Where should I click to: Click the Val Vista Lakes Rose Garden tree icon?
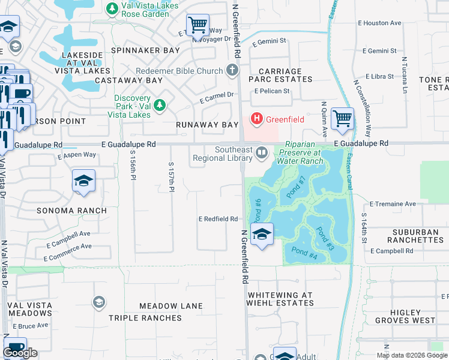(112, 9)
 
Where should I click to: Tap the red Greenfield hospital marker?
(257, 119)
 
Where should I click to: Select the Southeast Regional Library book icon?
(262, 152)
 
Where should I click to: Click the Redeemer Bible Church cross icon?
(232, 71)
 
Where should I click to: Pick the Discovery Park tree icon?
(159, 106)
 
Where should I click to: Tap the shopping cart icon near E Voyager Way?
(197, 25)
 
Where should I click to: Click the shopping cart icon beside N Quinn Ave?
(342, 118)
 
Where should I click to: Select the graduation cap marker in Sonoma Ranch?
(83, 181)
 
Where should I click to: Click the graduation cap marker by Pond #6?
(262, 234)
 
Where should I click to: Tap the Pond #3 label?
(325, 238)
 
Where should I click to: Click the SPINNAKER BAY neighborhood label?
(146, 51)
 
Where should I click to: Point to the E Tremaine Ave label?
(393, 204)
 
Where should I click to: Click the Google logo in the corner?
(20, 353)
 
